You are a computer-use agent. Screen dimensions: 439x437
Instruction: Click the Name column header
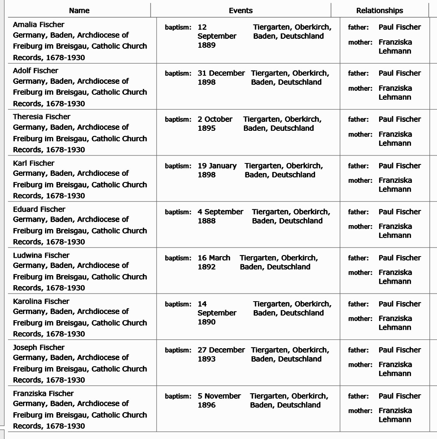pyautogui.click(x=79, y=10)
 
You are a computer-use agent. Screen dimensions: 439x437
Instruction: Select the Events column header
pyautogui.click(x=240, y=10)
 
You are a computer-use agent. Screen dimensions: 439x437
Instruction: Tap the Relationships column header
pyautogui.click(x=380, y=10)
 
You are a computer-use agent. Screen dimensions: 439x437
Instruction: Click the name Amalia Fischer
pyautogui.click(x=38, y=24)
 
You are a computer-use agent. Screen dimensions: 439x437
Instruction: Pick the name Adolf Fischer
pyautogui.click(x=35, y=71)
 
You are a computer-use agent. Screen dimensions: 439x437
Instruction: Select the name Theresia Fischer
pyautogui.click(x=42, y=116)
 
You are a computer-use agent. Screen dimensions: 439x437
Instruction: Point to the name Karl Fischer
pyautogui.click(x=33, y=163)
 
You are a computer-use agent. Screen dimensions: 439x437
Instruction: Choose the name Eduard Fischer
pyautogui.click(x=39, y=209)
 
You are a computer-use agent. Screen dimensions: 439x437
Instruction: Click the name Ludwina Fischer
pyautogui.click(x=41, y=255)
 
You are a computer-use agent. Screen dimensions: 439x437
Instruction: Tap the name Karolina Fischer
pyautogui.click(x=41, y=301)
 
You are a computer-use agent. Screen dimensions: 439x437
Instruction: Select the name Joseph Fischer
pyautogui.click(x=38, y=347)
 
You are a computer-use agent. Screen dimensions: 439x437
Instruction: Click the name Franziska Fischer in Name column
pyautogui.click(x=43, y=393)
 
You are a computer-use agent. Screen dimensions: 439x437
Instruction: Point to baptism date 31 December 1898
pyautogui.click(x=221, y=77)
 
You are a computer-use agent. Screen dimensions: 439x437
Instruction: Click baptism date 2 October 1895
pyautogui.click(x=215, y=123)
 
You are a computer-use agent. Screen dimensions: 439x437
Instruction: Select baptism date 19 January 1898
pyautogui.click(x=217, y=170)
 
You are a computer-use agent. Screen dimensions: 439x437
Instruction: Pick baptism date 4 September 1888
pyautogui.click(x=220, y=216)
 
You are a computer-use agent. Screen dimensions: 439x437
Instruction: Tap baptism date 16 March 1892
pyautogui.click(x=214, y=262)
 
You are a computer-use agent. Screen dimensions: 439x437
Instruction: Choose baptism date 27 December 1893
pyautogui.click(x=221, y=354)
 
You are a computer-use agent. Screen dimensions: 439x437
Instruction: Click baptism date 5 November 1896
pyautogui.click(x=219, y=400)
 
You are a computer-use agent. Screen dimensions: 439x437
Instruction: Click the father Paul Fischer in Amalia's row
pyautogui.click(x=400, y=27)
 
